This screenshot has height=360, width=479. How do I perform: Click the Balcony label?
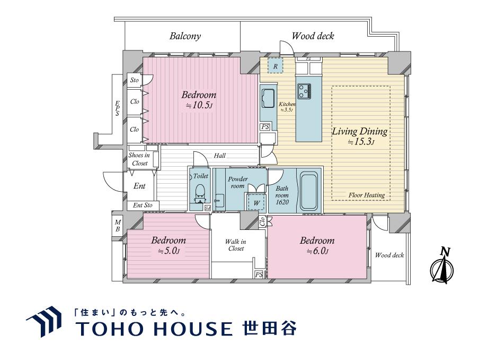pos(185,36)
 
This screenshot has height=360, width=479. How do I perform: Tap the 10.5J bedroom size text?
pos(199,106)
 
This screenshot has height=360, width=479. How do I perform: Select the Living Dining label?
pos(360,131)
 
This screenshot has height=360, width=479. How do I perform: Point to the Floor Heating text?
pos(367,195)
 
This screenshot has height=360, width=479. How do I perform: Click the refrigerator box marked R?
pos(275,66)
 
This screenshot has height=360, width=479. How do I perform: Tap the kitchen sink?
pos(267,98)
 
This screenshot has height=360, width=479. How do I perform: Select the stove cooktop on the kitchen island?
pos(305,91)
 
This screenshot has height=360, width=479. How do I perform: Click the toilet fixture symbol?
pos(200,192)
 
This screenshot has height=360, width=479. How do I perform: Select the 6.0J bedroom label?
pos(317,246)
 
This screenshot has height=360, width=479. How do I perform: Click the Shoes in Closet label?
pos(139,159)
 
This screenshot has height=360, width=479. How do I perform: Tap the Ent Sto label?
pos(142,205)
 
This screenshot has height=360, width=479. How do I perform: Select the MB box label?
pos(118,226)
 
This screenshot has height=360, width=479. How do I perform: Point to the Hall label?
pos(220,156)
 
